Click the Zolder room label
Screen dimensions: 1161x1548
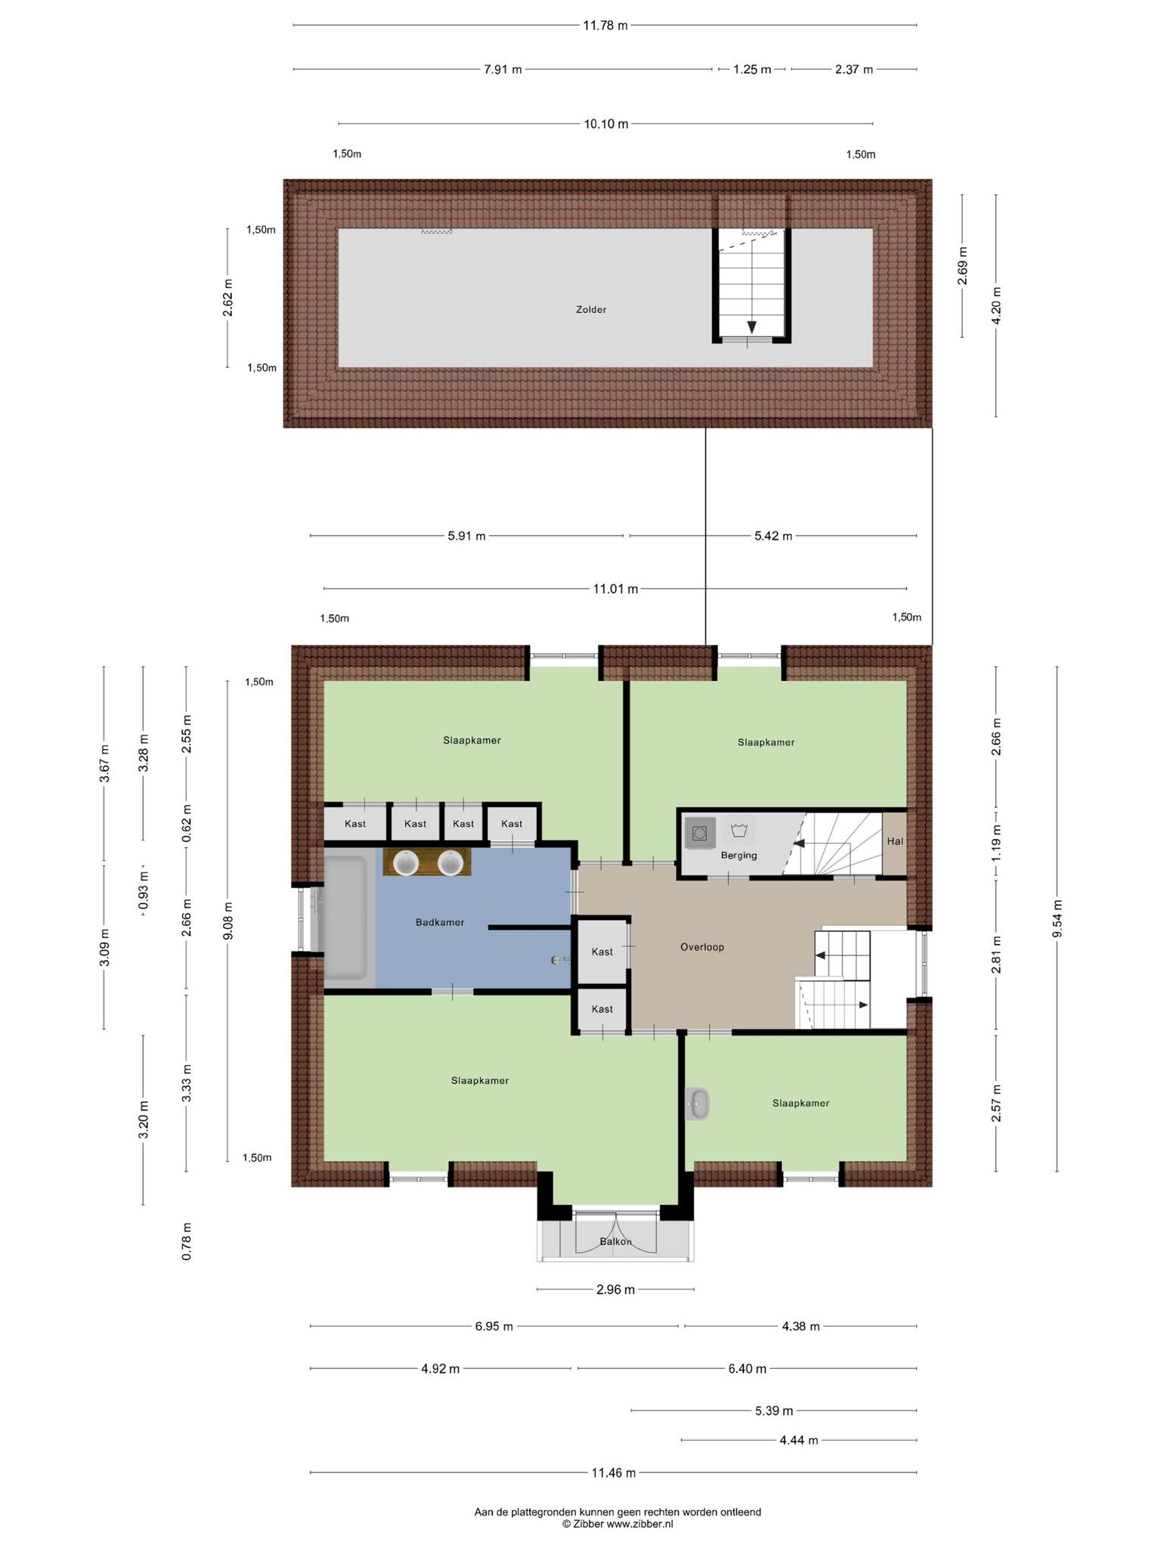(x=591, y=309)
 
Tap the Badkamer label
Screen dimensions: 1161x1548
(x=440, y=922)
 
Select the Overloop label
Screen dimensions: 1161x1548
(x=702, y=946)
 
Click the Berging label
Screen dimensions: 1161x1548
(x=738, y=855)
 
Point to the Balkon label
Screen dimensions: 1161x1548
(x=615, y=1241)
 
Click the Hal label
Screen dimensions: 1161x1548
(x=895, y=841)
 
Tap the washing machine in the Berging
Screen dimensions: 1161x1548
(x=699, y=833)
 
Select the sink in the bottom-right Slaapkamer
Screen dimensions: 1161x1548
(x=697, y=1104)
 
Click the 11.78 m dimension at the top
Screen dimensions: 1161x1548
(x=605, y=25)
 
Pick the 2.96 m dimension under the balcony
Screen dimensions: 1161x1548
(x=615, y=1289)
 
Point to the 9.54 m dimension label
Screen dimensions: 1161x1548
(x=1057, y=918)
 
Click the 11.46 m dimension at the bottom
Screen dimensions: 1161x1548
(x=613, y=1472)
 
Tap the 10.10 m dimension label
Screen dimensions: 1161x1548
(x=605, y=124)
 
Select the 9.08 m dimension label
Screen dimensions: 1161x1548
(x=228, y=921)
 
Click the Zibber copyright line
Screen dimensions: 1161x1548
(x=617, y=1525)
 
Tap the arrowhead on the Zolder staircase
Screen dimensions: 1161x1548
(x=751, y=327)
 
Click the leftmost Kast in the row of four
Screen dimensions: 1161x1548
(x=354, y=823)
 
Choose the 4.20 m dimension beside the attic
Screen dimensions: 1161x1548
(x=996, y=305)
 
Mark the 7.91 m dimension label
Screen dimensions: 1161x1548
(x=503, y=70)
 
